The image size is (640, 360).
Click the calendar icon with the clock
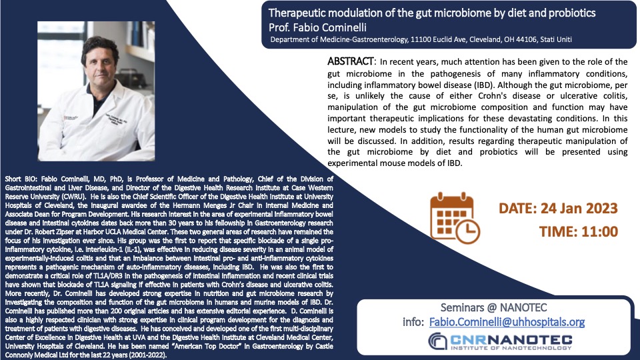pyautogui.click(x=455, y=218)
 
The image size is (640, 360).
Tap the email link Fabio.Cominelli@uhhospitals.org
pyautogui.click(x=507, y=322)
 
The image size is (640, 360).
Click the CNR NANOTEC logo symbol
pyautogui.click(x=437, y=341)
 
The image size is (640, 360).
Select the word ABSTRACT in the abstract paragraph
pyautogui.click(x=350, y=61)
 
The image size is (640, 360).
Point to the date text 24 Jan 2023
pyautogui.click(x=579, y=208)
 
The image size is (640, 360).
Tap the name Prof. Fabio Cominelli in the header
pyautogui.click(x=317, y=27)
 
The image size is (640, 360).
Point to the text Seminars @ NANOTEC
pyautogui.click(x=493, y=307)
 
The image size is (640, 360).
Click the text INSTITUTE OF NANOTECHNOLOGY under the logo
pyautogui.click(x=511, y=348)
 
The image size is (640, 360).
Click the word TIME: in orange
pyautogui.click(x=556, y=232)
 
